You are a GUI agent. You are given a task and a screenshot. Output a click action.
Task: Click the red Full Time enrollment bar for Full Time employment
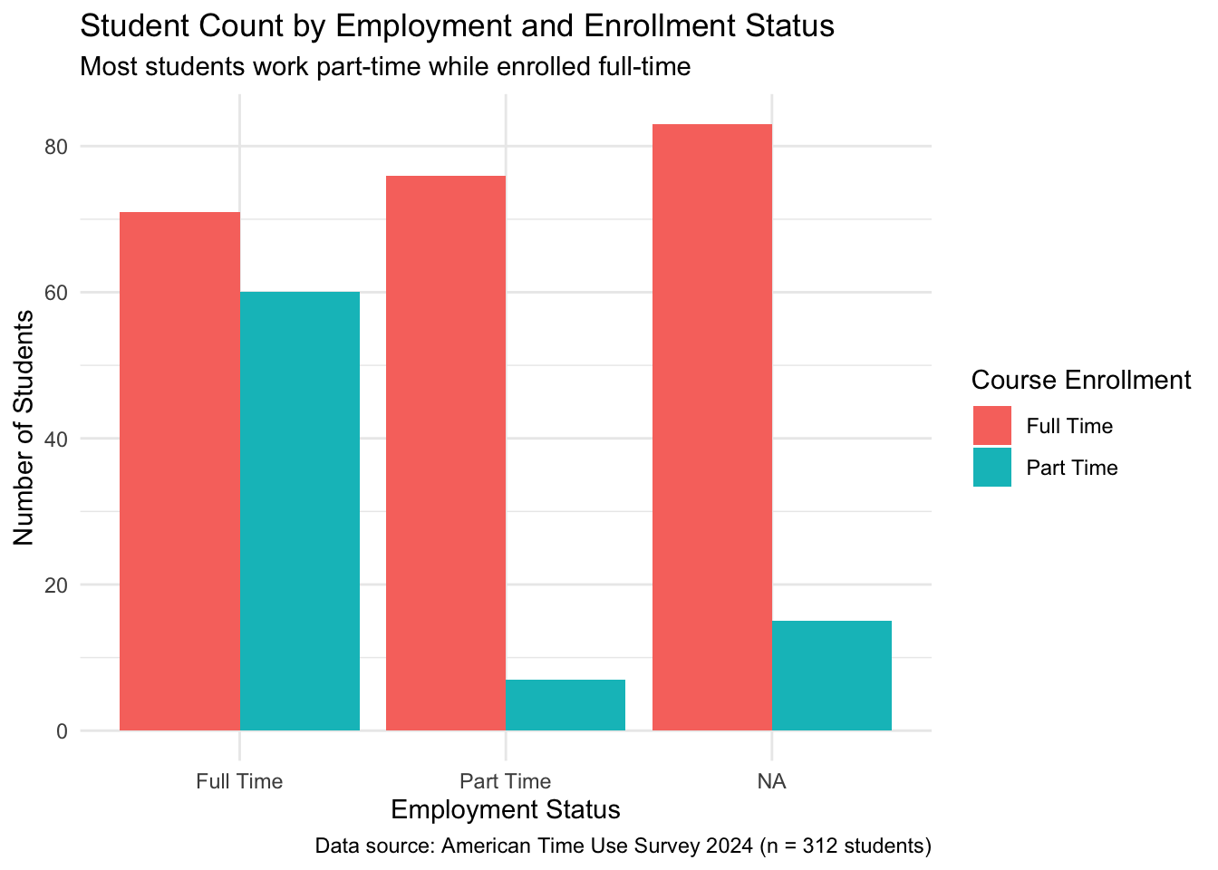pyautogui.click(x=179, y=471)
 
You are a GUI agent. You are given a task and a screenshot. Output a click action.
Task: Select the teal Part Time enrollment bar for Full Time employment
pyautogui.click(x=300, y=511)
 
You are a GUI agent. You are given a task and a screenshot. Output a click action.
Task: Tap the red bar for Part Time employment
pyautogui.click(x=446, y=453)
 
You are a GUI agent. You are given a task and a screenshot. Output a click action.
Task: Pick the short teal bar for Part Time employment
pyautogui.click(x=565, y=705)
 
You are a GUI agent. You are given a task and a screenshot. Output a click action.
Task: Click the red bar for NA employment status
pyautogui.click(x=711, y=427)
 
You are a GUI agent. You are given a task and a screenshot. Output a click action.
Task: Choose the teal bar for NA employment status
pyautogui.click(x=832, y=675)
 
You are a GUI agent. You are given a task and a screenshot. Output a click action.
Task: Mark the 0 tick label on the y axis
pyautogui.click(x=62, y=731)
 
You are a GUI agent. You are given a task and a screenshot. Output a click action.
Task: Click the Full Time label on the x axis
pyautogui.click(x=239, y=781)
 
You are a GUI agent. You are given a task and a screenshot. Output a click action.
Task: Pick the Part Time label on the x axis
pyautogui.click(x=505, y=781)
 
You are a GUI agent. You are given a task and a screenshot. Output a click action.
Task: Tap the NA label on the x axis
pyautogui.click(x=771, y=781)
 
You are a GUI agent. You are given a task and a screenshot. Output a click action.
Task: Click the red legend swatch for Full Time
pyautogui.click(x=992, y=426)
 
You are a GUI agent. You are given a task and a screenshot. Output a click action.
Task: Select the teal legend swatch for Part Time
pyautogui.click(x=992, y=468)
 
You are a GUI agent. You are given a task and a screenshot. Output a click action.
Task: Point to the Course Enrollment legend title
pyautogui.click(x=1080, y=381)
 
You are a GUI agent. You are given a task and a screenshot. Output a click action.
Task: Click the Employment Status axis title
pyautogui.click(x=505, y=809)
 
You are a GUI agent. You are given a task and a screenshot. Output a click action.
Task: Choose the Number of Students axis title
pyautogui.click(x=24, y=428)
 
